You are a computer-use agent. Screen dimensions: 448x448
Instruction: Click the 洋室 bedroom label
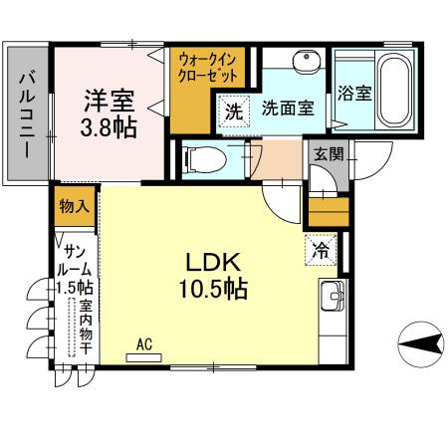click(x=109, y=101)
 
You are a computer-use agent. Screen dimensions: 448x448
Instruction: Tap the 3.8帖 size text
click(x=109, y=127)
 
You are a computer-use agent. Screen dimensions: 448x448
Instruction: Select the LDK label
click(x=213, y=263)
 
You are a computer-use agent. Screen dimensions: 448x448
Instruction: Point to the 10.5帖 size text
click(x=213, y=289)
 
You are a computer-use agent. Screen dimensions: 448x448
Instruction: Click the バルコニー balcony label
click(x=27, y=115)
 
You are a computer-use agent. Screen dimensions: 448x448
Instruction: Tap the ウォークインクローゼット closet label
click(x=208, y=69)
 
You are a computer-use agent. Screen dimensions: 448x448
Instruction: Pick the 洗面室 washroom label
click(x=288, y=108)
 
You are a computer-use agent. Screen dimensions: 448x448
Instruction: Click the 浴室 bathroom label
click(x=354, y=94)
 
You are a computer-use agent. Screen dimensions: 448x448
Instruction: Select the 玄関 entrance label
click(x=329, y=153)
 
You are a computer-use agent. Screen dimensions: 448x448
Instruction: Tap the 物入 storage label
click(x=75, y=207)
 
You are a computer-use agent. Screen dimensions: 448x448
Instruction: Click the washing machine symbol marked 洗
click(x=234, y=112)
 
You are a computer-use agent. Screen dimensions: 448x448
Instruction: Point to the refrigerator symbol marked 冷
click(x=321, y=250)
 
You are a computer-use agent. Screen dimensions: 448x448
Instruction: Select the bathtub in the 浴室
click(x=395, y=93)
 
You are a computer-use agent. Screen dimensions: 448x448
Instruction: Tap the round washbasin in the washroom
click(x=307, y=62)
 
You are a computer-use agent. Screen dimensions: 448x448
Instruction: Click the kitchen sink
click(x=333, y=295)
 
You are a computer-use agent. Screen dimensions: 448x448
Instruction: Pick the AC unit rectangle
click(x=144, y=357)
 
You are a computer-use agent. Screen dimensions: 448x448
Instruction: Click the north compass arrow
click(x=421, y=343)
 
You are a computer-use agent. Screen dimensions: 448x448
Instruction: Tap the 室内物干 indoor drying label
click(x=86, y=328)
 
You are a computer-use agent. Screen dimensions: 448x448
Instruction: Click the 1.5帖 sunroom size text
click(x=74, y=288)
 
